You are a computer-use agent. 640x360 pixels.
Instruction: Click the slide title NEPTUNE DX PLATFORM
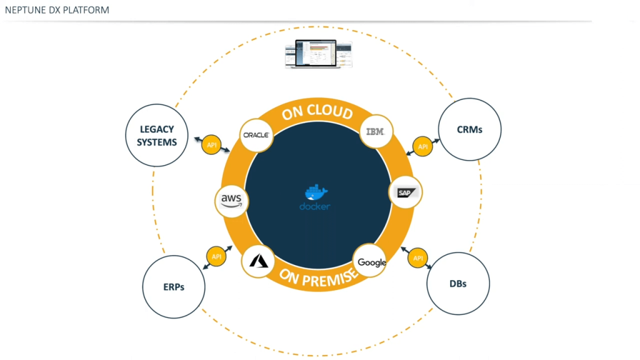point(57,10)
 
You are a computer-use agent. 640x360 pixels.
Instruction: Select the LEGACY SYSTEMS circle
point(157,136)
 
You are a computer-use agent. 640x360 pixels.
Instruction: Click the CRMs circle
point(469,129)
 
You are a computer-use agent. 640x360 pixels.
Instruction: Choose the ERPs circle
point(173,287)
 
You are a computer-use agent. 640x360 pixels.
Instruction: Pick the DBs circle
point(457,283)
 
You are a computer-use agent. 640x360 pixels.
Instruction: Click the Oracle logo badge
point(256,134)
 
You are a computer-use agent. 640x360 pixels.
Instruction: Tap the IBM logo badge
point(377,132)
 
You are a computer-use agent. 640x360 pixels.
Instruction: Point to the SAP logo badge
point(405,192)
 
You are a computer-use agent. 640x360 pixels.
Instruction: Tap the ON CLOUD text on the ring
point(317,112)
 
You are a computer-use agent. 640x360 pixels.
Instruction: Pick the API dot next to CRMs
point(423,147)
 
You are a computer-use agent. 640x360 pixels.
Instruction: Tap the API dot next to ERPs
point(216,256)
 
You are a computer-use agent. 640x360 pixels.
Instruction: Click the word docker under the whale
point(315,206)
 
